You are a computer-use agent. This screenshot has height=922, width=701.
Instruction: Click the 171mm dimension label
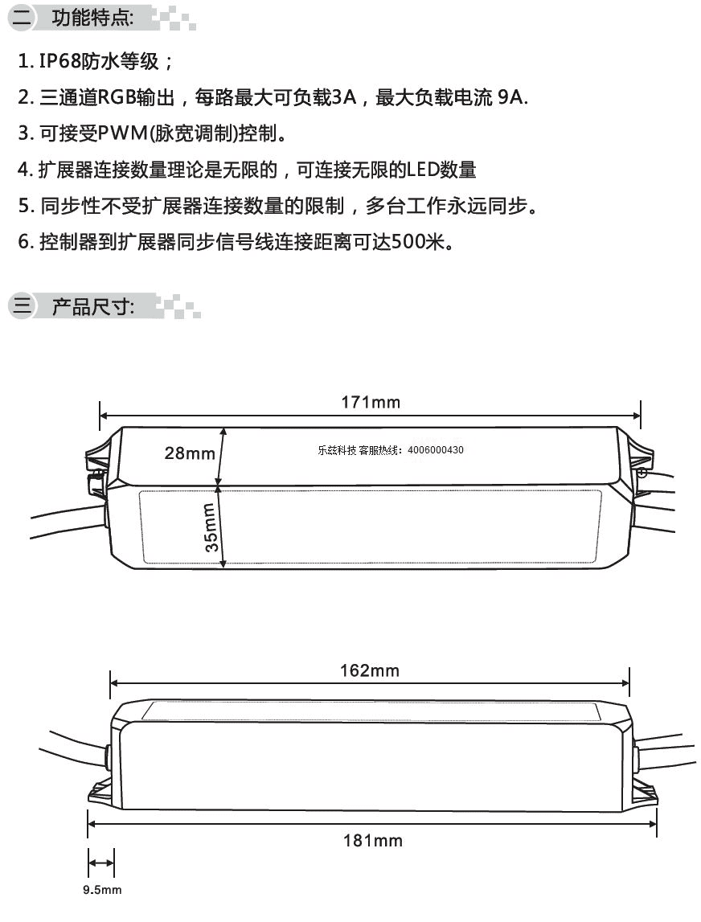(371, 403)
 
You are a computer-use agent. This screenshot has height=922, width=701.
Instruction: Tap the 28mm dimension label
(190, 453)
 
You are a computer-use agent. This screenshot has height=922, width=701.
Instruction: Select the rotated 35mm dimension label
(210, 527)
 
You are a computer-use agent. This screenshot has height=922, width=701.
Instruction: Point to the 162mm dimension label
(369, 671)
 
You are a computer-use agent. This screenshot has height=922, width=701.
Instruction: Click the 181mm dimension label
(373, 841)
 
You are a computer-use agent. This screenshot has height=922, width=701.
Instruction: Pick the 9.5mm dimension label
(102, 890)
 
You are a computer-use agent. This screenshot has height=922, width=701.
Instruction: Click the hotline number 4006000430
(435, 450)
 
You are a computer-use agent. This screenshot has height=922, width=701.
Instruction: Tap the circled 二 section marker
(22, 16)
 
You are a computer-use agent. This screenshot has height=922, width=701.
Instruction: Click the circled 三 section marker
(22, 305)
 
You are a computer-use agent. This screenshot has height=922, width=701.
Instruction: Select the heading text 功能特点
(91, 18)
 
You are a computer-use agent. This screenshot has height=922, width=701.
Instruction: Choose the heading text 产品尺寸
(91, 306)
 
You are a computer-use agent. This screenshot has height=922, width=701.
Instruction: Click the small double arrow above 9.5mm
(101, 863)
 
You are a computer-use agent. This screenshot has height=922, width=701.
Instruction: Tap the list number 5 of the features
(23, 206)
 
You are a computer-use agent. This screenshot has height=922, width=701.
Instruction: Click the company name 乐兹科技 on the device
(337, 450)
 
